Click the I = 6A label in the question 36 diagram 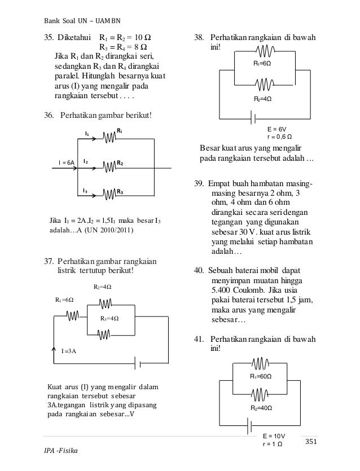tap(67, 162)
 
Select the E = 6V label tap(276, 129)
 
